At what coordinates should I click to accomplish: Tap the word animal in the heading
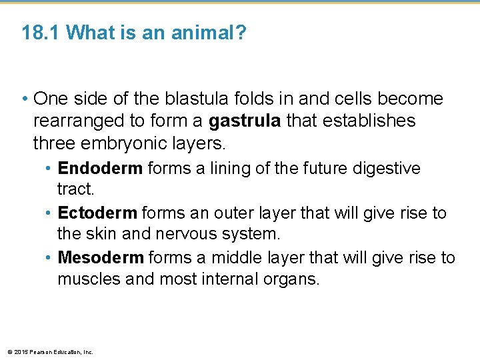tap(208, 33)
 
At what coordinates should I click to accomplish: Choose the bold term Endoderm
tap(100, 168)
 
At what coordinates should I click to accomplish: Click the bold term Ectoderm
tap(97, 213)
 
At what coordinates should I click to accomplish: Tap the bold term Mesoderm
tap(101, 257)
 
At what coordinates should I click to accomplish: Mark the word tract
tap(76, 189)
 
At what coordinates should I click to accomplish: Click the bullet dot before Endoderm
tap(50, 169)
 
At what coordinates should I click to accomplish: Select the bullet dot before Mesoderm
tap(50, 258)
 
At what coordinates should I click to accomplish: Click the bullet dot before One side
tap(25, 99)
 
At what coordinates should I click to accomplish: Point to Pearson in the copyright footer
tap(38, 352)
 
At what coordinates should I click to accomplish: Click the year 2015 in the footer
tap(20, 352)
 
